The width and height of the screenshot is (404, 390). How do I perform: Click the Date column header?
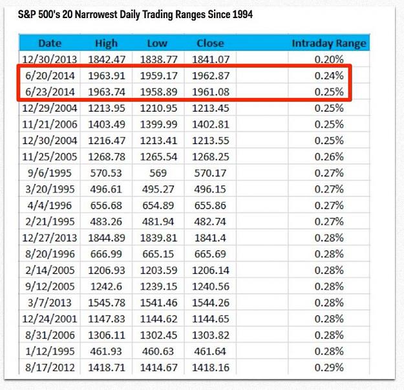pos(50,43)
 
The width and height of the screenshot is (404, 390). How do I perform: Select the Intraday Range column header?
pos(329,43)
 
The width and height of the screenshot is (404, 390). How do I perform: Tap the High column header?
pos(106,43)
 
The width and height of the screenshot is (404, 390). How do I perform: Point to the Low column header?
pos(157,43)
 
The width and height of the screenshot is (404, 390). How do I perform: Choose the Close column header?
pos(210,43)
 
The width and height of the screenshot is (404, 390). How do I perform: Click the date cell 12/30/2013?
pos(50,59)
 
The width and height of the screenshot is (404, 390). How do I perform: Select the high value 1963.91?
pos(107,76)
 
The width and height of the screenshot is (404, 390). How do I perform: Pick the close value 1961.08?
pos(211,92)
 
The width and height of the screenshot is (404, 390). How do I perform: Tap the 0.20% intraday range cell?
pos(329,59)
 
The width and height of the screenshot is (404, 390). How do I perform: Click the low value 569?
pos(158,173)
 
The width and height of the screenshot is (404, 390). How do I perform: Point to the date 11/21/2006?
pos(50,125)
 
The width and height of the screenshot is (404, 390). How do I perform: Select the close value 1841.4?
pos(210,238)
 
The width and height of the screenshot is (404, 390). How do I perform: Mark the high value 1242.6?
pos(106,287)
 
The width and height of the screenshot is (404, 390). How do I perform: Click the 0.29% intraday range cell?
pos(329,367)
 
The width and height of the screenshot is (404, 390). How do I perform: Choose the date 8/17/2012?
pos(50,367)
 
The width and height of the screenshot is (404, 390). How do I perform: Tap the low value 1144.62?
pos(158,319)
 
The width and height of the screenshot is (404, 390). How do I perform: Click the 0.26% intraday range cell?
pos(329,157)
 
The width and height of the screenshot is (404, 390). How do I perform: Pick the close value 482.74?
pos(210,221)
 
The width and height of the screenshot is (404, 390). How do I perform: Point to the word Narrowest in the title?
pos(96,14)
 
